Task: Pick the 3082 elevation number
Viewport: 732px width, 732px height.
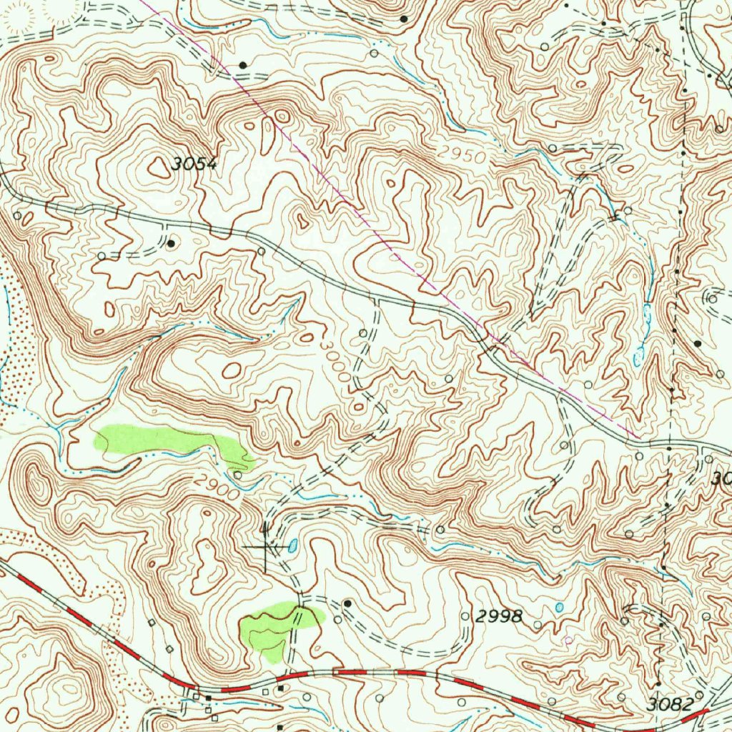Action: click(x=670, y=704)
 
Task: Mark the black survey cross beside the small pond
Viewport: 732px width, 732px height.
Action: click(x=265, y=548)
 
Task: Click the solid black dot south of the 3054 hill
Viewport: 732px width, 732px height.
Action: click(x=171, y=244)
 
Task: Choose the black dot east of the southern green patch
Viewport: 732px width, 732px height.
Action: click(x=347, y=603)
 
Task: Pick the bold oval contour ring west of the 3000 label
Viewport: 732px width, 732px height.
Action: click(x=232, y=370)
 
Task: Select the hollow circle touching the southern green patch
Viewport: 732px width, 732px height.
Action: click(x=317, y=619)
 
